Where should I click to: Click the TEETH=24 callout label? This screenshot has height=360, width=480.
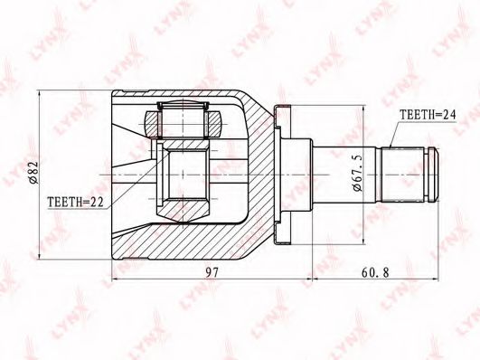click(428, 115)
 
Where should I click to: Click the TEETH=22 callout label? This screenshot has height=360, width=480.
click(75, 203)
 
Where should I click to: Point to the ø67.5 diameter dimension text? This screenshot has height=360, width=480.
click(357, 173)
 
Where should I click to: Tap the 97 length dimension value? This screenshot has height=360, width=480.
click(212, 272)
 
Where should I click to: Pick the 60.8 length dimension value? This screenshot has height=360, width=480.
click(375, 272)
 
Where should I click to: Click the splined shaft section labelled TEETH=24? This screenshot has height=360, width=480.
click(403, 175)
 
